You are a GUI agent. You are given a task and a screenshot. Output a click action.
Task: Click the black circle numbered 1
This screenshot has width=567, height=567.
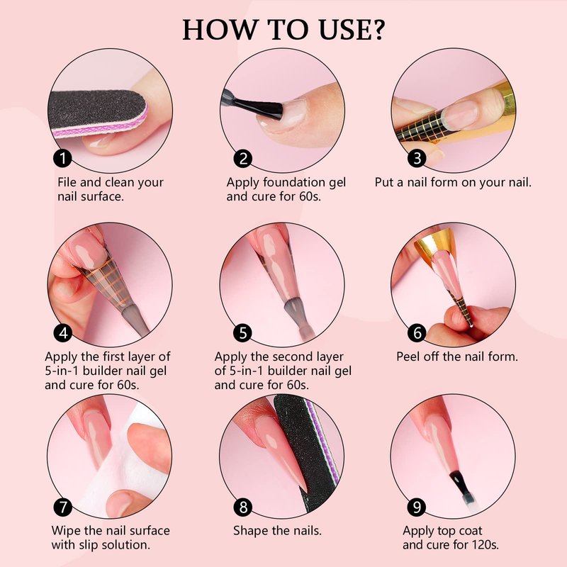pos(62,158)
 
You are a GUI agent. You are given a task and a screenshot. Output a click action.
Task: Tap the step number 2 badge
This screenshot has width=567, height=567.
pos(243,158)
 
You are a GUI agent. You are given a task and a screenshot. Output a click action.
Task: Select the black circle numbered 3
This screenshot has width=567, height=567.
pos(417,158)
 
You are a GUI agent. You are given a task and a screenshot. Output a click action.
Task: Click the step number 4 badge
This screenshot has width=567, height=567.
pos(63,332)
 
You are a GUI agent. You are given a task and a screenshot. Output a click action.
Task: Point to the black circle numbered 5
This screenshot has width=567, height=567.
pos(243,332)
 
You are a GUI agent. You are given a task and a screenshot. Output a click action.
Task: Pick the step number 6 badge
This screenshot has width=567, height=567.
pos(417,332)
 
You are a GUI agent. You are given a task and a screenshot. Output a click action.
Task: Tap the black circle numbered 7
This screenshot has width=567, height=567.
pos(63,507)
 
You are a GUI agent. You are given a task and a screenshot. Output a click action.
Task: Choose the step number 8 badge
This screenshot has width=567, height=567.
pos(243,507)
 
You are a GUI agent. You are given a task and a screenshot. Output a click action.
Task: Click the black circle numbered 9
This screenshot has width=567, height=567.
pos(417,507)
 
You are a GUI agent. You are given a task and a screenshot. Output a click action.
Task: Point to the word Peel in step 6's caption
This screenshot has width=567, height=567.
pos(408,357)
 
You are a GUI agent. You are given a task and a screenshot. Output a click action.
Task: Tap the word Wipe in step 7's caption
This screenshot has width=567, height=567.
pos(65,531)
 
